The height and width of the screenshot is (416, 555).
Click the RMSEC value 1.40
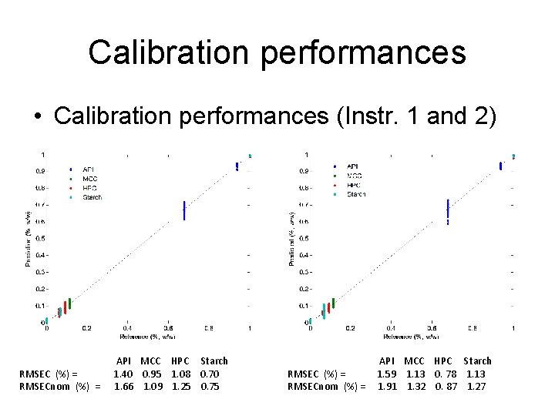coord(123,374)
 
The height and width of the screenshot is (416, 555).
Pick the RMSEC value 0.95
coord(152,374)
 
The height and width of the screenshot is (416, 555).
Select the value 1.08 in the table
coord(180,374)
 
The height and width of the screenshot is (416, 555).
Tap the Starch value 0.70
coord(210,374)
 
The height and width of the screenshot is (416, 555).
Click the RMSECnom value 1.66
coord(123,386)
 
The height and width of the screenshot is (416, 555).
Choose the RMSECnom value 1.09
coord(152,386)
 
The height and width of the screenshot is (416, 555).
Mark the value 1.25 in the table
coord(180,386)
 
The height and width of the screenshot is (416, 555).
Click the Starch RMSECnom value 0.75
coord(210,386)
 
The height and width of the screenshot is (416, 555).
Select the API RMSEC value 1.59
coord(387,374)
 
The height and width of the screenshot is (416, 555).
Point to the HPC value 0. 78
coord(445,374)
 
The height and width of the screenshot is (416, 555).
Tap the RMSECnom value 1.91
coord(387,386)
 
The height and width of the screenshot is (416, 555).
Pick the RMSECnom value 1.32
coord(416,386)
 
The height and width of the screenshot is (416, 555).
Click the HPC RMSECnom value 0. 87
coord(445,386)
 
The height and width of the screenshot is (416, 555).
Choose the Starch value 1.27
coord(476,386)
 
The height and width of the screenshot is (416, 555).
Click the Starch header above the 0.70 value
coord(214,361)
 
